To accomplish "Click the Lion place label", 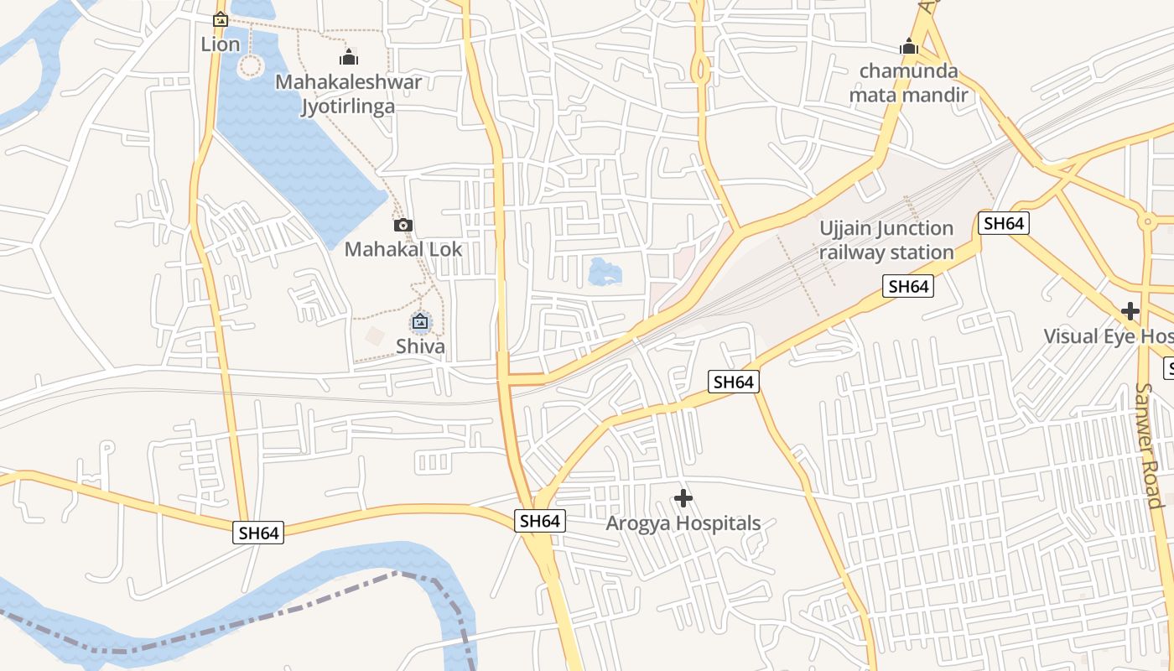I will click(x=221, y=44).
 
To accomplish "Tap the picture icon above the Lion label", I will click(x=221, y=18).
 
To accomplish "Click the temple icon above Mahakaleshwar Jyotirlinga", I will click(x=348, y=57).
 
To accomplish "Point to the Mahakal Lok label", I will click(x=403, y=249).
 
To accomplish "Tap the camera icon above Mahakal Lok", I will click(x=403, y=225).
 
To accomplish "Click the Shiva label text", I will click(x=420, y=346).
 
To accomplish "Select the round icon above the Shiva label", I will click(x=420, y=321).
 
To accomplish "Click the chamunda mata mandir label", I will click(x=909, y=82).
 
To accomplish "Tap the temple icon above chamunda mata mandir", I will click(x=909, y=47).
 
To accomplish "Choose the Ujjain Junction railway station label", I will click(x=886, y=240).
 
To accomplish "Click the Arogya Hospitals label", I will click(x=683, y=523).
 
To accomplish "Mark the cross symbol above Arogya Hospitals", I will click(x=683, y=498).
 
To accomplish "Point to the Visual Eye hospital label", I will click(x=1107, y=336).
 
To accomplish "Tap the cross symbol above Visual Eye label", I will click(x=1130, y=311).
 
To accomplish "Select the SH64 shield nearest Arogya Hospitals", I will click(x=539, y=521).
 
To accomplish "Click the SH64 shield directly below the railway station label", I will click(x=908, y=287).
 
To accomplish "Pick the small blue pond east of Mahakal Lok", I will click(x=605, y=272).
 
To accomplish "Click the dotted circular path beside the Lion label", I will click(x=250, y=66).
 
